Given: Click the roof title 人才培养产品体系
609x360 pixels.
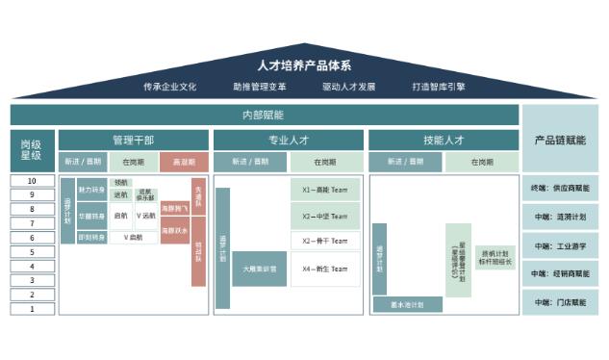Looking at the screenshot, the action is [x=304, y=66].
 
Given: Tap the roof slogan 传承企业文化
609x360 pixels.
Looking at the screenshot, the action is [x=169, y=87].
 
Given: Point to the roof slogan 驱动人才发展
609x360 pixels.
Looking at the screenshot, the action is [x=348, y=87].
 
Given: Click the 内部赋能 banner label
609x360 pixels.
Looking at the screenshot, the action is [x=263, y=115].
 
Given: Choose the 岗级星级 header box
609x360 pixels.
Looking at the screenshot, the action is [x=32, y=150].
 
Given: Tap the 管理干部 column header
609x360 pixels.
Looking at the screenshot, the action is [x=133, y=141].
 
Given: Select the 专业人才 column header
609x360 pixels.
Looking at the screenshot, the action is [x=288, y=141].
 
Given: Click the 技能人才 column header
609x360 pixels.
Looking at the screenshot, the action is [x=444, y=141].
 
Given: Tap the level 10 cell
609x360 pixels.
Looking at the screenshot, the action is [x=32, y=181].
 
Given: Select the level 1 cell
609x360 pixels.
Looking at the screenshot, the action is [x=32, y=309].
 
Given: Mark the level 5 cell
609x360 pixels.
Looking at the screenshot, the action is [x=32, y=252].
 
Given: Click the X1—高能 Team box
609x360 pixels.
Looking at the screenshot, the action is [x=325, y=190].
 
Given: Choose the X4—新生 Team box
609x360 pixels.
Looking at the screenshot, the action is [x=325, y=269].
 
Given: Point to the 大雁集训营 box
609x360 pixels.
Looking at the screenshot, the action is [x=259, y=269].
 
